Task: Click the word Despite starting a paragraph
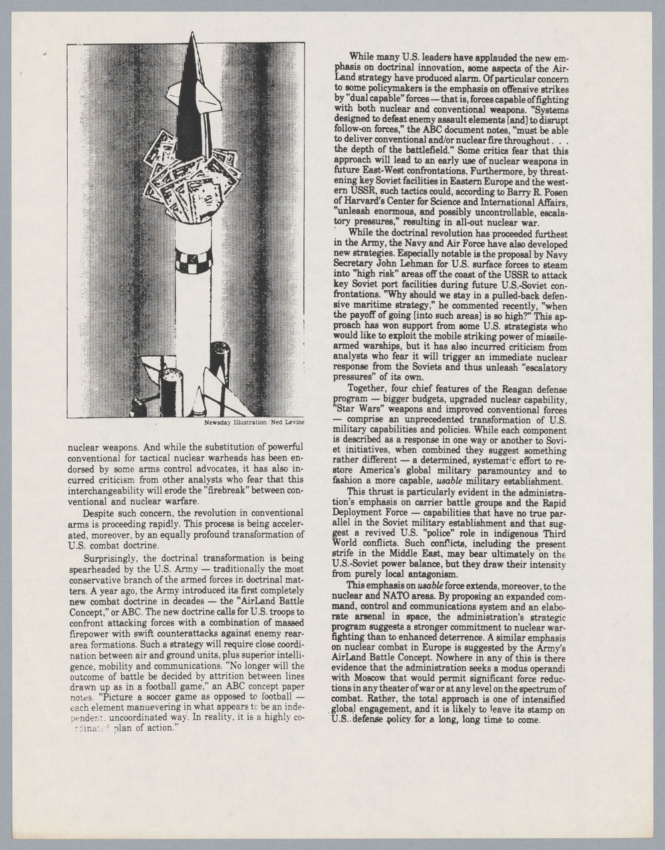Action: coord(101,513)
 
